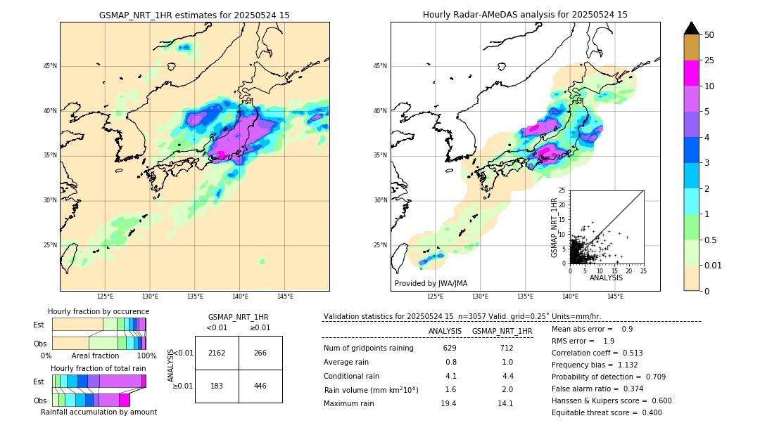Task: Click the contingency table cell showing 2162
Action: [217, 353]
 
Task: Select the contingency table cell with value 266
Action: [260, 353]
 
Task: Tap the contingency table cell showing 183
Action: [217, 386]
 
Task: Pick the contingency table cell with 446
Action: [260, 386]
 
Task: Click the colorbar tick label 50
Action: [709, 35]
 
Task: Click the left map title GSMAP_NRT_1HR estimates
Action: [194, 15]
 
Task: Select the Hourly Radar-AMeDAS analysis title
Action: [525, 15]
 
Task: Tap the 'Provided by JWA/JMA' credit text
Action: [431, 283]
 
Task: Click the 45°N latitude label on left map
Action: [50, 66]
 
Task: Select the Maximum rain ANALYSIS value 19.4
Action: [450, 403]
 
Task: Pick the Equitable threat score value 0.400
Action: [647, 412]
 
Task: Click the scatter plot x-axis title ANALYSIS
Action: [606, 278]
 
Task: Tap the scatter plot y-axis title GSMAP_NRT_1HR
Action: [554, 228]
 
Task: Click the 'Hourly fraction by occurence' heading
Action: [99, 311]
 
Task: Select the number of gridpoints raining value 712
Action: [507, 348]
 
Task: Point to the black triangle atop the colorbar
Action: [692, 28]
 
